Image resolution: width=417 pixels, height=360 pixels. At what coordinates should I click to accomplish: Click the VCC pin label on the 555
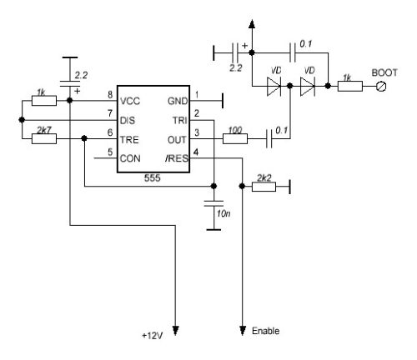(130, 101)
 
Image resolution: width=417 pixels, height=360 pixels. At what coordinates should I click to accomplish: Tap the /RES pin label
(177, 158)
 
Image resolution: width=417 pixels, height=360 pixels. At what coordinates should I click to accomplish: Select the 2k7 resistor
(44, 138)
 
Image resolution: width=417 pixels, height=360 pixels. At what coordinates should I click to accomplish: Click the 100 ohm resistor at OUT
(235, 138)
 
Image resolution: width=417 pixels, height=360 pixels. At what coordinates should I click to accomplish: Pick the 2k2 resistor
(264, 187)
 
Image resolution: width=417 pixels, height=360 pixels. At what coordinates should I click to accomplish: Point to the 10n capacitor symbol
(214, 203)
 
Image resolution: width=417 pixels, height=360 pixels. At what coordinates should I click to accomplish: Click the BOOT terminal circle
(381, 87)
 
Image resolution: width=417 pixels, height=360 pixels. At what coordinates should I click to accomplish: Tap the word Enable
(265, 331)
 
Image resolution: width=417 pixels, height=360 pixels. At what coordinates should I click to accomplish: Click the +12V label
(153, 336)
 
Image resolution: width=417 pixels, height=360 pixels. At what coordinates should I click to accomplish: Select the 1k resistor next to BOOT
(350, 86)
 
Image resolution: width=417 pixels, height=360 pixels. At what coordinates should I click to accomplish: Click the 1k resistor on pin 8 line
(44, 101)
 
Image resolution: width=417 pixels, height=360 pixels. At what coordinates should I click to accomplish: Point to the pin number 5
(110, 152)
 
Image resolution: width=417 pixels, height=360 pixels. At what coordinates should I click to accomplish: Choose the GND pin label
(178, 101)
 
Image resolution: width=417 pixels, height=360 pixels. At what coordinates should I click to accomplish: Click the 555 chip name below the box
(153, 178)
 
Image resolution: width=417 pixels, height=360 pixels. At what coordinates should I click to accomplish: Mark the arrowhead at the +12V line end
(175, 331)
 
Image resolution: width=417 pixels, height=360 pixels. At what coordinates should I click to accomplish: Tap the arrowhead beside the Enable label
(243, 331)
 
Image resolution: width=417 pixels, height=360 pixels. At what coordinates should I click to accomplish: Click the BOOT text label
(384, 72)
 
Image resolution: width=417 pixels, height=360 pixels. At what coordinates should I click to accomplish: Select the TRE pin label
(129, 140)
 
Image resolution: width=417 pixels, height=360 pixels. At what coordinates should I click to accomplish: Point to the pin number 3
(197, 132)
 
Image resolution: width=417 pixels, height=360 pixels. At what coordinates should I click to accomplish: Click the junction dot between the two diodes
(290, 86)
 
